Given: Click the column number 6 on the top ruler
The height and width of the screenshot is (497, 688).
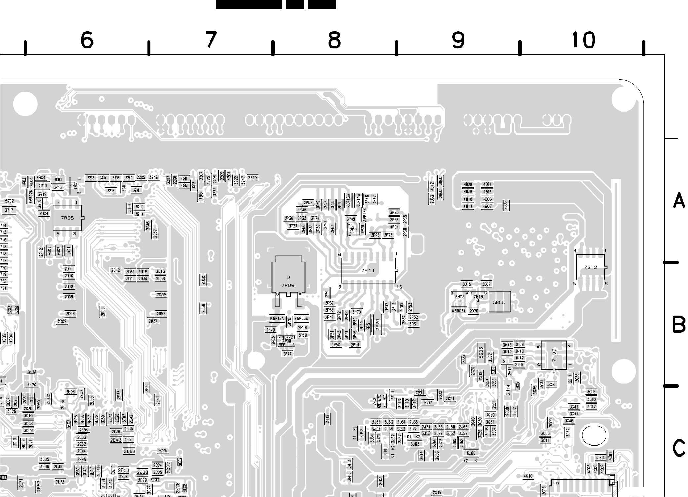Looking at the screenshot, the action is (87, 40).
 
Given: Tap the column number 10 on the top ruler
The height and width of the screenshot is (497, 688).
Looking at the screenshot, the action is (584, 40).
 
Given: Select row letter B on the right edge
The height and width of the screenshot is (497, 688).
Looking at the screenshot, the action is (679, 324).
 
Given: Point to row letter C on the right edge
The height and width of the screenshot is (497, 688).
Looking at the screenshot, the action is (679, 448).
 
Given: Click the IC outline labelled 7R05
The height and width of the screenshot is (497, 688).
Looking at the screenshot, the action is (68, 218).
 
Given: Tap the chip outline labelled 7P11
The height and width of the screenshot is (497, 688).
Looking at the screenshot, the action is (368, 270).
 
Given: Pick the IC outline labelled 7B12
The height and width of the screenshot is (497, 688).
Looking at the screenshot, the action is (591, 267).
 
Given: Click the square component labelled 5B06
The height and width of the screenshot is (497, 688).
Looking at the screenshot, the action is (499, 302).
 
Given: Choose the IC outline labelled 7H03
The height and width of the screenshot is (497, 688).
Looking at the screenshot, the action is (554, 355).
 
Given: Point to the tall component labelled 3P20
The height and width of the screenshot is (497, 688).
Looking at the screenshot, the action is (378, 324).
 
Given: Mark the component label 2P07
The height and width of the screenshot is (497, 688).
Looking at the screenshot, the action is (308, 203).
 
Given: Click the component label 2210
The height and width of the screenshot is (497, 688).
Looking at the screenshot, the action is (252, 178).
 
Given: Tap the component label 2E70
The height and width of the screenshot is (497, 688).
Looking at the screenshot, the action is (32, 384).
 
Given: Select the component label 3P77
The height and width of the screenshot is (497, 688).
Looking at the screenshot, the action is (287, 354).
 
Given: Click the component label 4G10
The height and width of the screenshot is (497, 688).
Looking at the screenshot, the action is (528, 476).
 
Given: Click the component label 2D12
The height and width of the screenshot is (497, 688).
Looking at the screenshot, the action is (115, 270).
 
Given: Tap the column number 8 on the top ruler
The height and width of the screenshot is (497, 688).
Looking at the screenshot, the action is (334, 40).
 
